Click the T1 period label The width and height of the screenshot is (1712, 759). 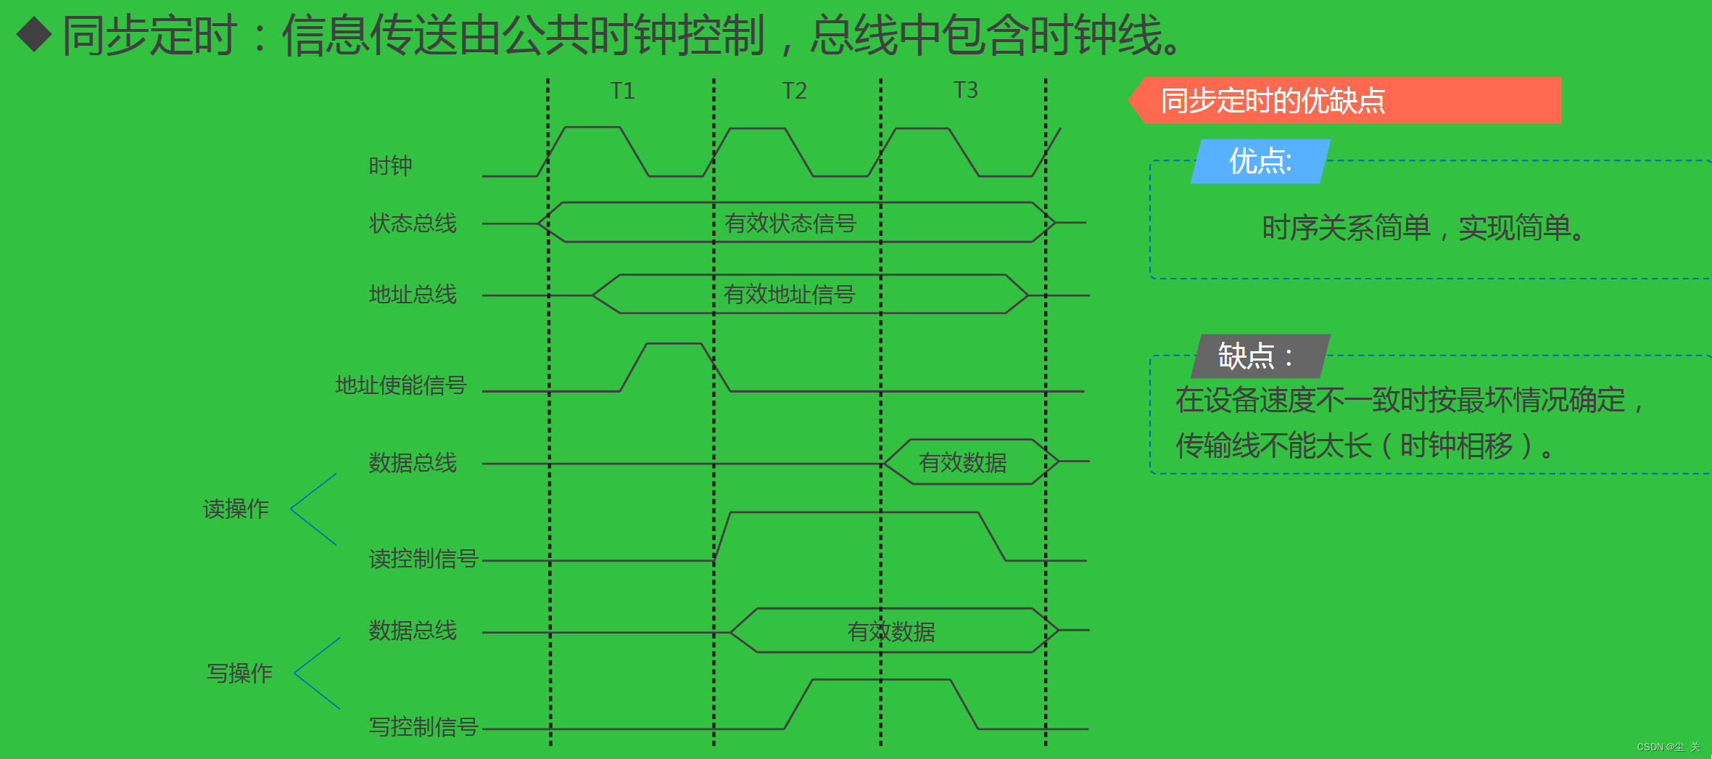click(622, 91)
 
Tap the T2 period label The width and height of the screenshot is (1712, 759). click(794, 91)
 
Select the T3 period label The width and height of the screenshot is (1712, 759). click(965, 90)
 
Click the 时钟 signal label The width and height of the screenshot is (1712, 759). click(390, 166)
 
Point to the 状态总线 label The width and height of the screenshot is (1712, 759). click(413, 223)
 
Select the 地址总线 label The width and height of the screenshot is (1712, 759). click(413, 294)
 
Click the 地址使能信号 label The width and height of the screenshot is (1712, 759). click(400, 385)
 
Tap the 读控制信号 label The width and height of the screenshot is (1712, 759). click(423, 558)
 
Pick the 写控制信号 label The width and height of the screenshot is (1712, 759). click(423, 726)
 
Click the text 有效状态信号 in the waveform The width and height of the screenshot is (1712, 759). click(790, 223)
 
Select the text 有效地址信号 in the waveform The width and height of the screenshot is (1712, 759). click(789, 295)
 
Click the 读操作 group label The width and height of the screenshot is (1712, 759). click(236, 509)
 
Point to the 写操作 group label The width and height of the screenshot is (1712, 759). click(239, 673)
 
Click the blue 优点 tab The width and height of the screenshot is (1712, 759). click(1260, 161)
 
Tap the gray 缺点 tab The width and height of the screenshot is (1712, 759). click(1255, 356)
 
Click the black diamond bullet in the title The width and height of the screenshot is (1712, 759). click(34, 35)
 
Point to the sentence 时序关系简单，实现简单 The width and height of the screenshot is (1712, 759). click(1423, 228)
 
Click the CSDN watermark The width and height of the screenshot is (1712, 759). click(1668, 747)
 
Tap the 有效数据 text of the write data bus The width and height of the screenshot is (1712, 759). click(891, 632)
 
